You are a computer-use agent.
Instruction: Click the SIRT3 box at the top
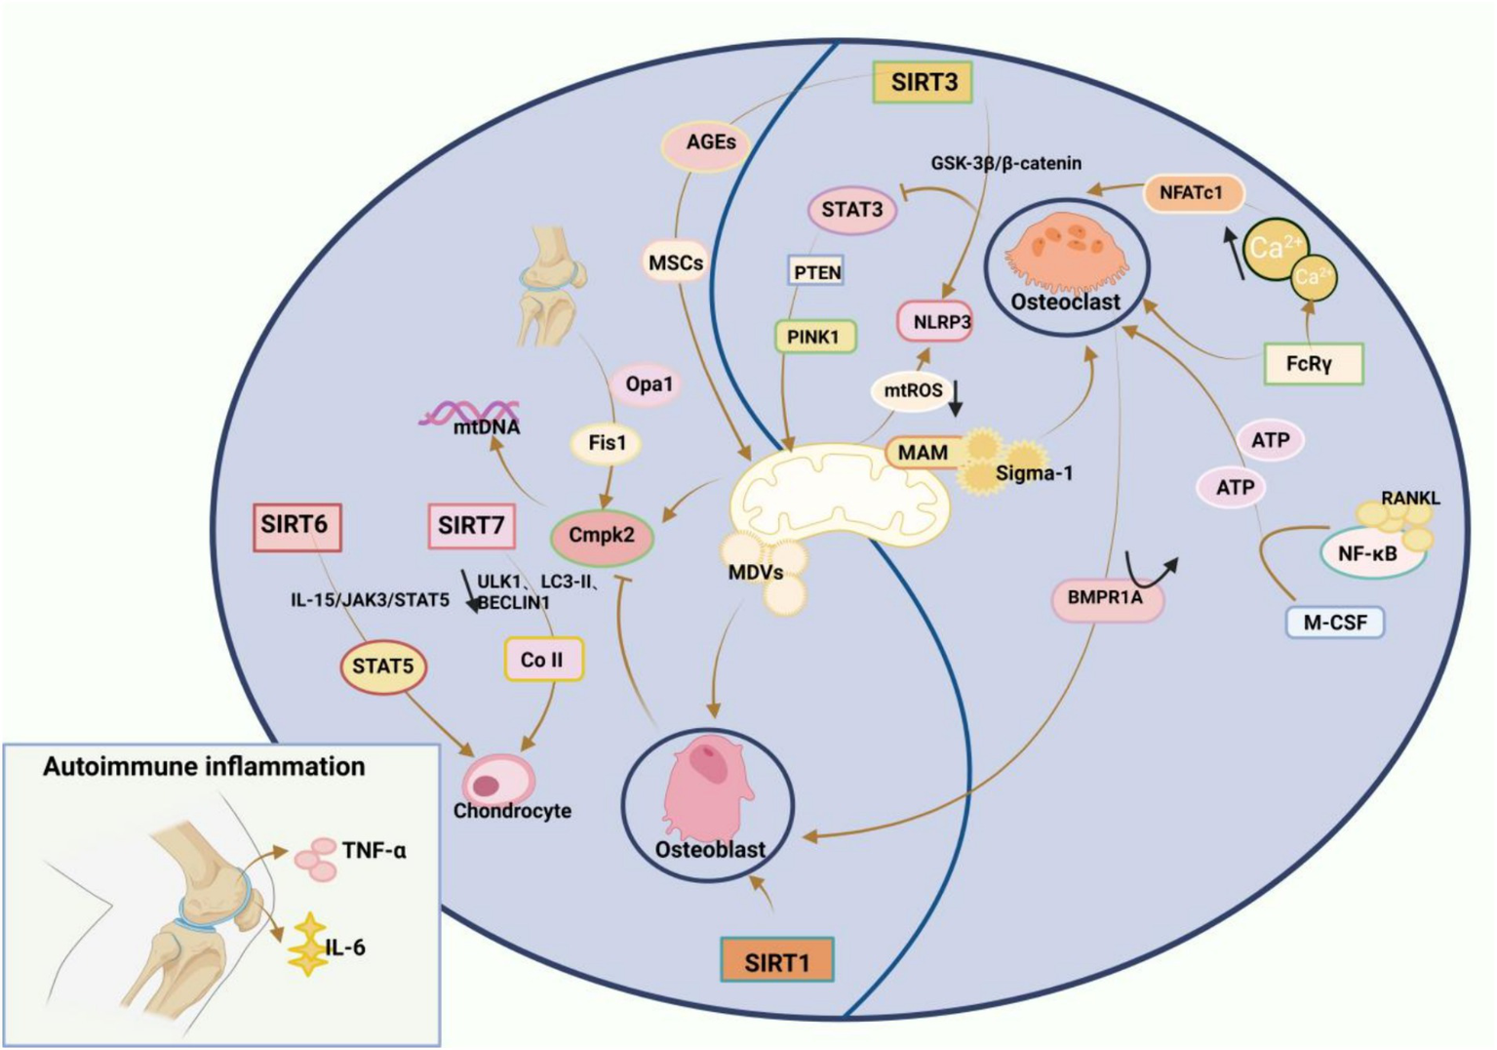(x=924, y=82)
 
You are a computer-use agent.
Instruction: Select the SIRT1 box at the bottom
(x=777, y=962)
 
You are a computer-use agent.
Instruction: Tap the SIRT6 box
(x=295, y=526)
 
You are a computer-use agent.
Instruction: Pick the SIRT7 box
(x=471, y=526)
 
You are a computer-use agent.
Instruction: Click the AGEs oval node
(x=711, y=143)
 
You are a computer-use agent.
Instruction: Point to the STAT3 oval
(x=852, y=210)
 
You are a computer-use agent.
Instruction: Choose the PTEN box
(x=816, y=272)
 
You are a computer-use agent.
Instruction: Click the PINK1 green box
(x=813, y=338)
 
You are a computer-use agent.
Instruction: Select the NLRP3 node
(x=935, y=321)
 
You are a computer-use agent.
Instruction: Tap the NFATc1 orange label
(x=1191, y=193)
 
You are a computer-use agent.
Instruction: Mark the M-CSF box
(x=1334, y=622)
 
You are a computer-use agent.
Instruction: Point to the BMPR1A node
(x=1106, y=597)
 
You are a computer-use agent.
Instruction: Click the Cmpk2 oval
(x=602, y=536)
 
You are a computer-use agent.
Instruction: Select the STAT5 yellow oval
(x=383, y=667)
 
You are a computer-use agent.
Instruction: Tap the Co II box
(x=542, y=660)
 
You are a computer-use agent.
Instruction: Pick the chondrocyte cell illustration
(x=499, y=780)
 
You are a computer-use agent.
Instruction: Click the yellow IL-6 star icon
(x=308, y=945)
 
